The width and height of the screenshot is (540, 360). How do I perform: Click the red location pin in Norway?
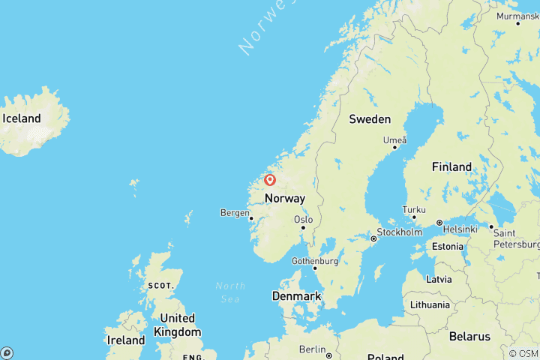click(270, 180)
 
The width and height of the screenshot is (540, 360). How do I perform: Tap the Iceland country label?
click(22, 118)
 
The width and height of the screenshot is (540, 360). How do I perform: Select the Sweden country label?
click(370, 119)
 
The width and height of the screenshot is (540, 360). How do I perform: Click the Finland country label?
click(451, 166)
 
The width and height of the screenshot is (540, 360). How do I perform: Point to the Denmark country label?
click(296, 296)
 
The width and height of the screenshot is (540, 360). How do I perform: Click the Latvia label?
click(438, 279)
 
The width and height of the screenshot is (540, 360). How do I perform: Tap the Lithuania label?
click(430, 305)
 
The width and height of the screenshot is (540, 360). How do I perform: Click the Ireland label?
click(125, 340)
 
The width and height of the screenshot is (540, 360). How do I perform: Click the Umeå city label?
click(394, 139)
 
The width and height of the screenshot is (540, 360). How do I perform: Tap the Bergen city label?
click(235, 213)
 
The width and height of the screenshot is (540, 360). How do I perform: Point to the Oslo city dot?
click(303, 228)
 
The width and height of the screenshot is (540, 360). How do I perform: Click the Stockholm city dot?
click(373, 238)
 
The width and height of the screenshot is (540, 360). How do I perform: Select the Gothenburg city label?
click(314, 261)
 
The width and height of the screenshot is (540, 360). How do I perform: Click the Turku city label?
click(414, 210)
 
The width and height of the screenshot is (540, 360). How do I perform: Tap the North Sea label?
click(230, 292)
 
